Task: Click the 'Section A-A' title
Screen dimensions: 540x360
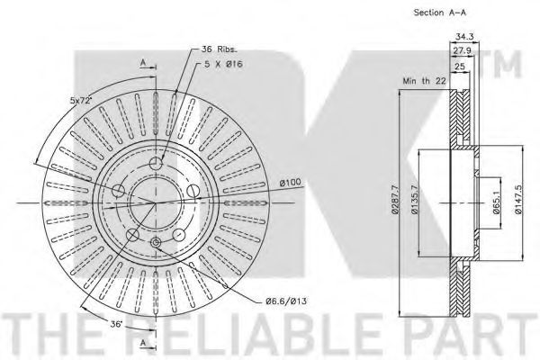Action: click(440, 13)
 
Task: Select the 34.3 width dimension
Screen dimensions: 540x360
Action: click(464, 36)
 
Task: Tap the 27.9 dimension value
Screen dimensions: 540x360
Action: click(462, 51)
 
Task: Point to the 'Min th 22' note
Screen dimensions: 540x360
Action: click(424, 81)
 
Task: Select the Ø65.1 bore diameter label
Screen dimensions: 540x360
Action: click(496, 202)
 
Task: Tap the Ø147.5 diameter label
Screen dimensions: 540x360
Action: click(518, 200)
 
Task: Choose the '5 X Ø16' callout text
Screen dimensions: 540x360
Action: click(223, 64)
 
